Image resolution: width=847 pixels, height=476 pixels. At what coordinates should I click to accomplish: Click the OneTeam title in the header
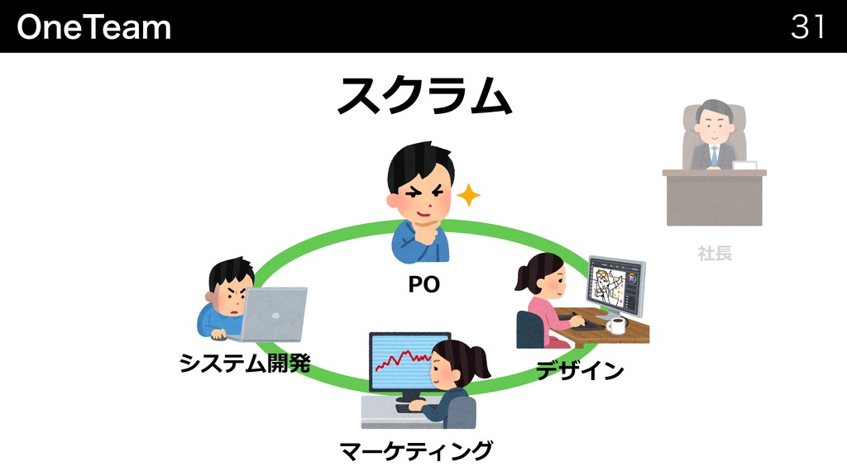[x=93, y=27]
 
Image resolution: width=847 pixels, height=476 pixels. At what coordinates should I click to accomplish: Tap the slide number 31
[x=807, y=27]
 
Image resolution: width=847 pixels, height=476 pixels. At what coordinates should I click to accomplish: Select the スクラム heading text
[x=423, y=96]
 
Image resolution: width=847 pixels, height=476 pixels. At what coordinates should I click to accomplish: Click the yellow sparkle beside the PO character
[x=468, y=196]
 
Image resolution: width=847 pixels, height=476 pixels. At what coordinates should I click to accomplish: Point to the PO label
[x=423, y=285]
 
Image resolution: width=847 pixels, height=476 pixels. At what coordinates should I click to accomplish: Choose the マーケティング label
[x=416, y=451]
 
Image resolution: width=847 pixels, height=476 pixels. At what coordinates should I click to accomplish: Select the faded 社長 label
[x=715, y=253]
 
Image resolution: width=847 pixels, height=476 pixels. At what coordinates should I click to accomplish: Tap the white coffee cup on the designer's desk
[x=616, y=326]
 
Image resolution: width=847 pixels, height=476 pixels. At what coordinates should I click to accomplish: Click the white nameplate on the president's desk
[x=744, y=165]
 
